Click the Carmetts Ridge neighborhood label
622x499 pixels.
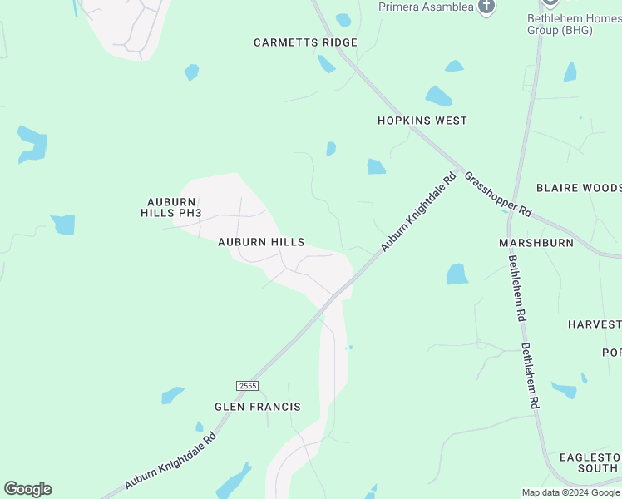tap(305, 42)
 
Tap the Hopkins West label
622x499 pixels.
tap(422, 121)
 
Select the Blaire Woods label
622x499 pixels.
tap(579, 188)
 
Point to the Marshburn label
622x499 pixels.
tap(536, 243)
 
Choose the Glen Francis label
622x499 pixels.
tap(257, 407)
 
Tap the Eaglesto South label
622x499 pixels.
tap(590, 462)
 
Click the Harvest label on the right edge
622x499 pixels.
tap(595, 324)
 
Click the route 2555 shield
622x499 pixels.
tap(247, 386)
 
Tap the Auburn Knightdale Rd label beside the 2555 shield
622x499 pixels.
tap(170, 460)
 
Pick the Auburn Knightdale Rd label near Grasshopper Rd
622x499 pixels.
tap(419, 212)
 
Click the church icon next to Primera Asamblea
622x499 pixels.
tap(486, 7)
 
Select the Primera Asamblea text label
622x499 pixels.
tap(426, 7)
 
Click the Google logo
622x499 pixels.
tap(27, 489)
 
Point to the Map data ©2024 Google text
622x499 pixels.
tap(570, 492)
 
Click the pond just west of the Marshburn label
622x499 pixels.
tap(457, 274)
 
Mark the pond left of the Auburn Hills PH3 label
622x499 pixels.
tap(63, 225)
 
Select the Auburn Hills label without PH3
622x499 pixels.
tap(261, 242)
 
